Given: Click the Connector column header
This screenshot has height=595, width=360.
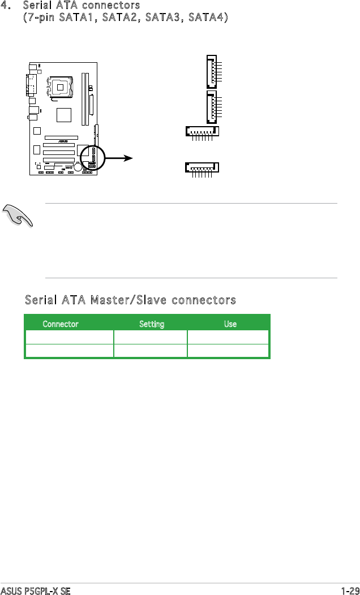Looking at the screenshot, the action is pos(61,325).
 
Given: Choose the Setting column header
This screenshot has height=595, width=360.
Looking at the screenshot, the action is pos(152,325).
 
